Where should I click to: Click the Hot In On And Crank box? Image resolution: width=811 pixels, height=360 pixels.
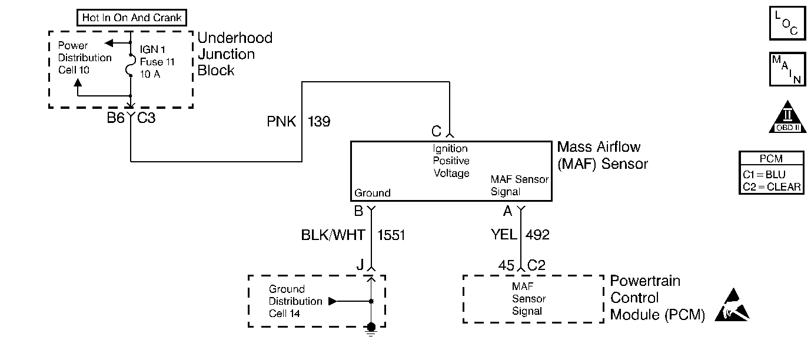coord(132,18)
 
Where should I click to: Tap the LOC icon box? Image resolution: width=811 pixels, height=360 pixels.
coord(787,23)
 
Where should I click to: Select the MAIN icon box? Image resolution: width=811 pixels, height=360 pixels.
coord(787,69)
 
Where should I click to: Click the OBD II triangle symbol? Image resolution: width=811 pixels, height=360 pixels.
coord(787,117)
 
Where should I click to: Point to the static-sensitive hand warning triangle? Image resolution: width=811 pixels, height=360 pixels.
coord(733,306)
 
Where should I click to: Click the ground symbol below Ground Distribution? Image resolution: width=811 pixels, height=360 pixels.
coord(371,329)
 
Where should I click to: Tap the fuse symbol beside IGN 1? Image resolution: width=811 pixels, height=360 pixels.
coord(130,65)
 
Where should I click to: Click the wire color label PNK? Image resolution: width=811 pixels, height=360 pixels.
coord(281,122)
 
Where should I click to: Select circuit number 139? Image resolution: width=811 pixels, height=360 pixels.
coord(319,122)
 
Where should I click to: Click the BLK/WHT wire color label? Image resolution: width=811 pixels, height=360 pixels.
coord(333,235)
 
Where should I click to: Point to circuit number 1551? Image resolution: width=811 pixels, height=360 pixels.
coord(391,235)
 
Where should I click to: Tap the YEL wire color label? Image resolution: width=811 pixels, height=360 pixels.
coord(504,235)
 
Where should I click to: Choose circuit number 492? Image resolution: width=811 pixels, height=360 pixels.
coord(537,235)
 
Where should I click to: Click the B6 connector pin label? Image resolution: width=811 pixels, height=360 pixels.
coord(115,118)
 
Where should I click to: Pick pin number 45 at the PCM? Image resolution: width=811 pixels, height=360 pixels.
coord(506,265)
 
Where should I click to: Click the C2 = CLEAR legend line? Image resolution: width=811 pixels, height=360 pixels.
coord(772,186)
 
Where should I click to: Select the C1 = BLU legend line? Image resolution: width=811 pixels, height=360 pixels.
coord(764,174)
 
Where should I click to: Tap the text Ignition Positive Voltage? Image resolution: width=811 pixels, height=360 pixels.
coord(451,161)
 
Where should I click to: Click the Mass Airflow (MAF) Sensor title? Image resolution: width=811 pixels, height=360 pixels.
coord(603,155)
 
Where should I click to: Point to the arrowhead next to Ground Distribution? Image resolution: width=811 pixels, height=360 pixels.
coord(333,301)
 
